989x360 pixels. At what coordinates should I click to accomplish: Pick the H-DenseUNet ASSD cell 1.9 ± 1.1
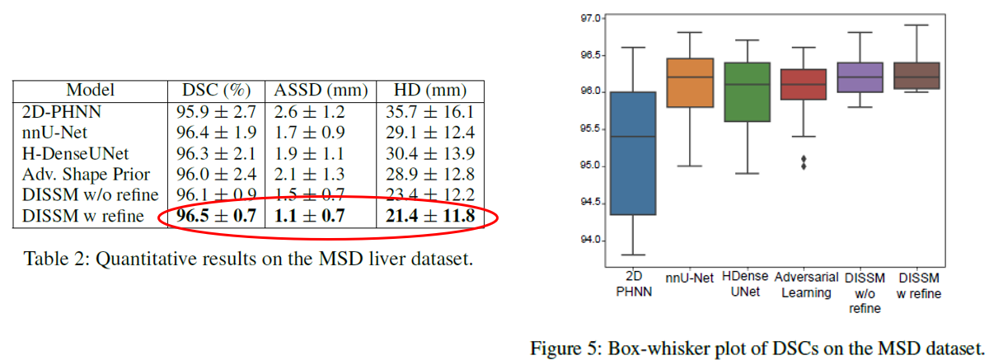(317, 153)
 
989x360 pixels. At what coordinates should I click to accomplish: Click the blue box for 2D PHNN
(630, 153)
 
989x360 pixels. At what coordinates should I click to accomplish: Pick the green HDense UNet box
(746, 91)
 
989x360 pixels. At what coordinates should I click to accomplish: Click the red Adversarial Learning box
(804, 84)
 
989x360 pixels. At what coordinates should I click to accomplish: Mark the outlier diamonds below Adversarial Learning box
(804, 162)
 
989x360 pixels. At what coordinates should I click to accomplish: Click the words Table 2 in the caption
(50, 259)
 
